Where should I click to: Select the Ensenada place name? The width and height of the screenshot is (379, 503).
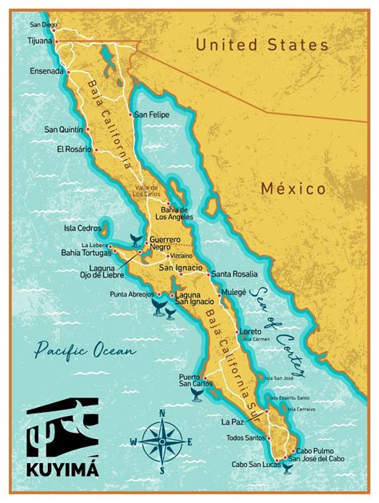coord(42,71)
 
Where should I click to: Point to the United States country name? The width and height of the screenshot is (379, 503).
coord(261,45)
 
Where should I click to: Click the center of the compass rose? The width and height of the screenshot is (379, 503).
coord(163,441)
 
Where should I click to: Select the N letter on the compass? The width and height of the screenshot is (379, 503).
coord(163,413)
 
